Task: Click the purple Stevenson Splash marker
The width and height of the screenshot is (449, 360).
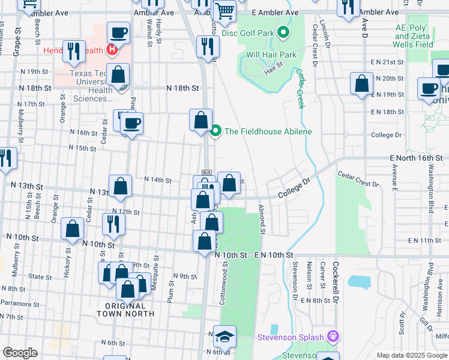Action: click(x=334, y=337)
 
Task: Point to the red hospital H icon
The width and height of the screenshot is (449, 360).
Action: click(x=110, y=49)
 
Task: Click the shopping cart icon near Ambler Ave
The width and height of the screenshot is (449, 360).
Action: click(x=224, y=11)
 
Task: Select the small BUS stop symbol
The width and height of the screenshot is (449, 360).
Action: click(x=206, y=173)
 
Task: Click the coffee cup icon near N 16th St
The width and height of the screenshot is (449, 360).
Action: click(x=131, y=124)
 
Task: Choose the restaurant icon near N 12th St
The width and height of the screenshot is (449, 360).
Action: click(x=112, y=224)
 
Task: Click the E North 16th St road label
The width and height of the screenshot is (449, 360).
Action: click(x=414, y=157)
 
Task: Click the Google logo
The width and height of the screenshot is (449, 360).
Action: click(x=20, y=353)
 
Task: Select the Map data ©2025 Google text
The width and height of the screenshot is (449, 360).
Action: click(x=411, y=355)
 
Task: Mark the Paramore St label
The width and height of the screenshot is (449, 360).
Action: click(x=19, y=303)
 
